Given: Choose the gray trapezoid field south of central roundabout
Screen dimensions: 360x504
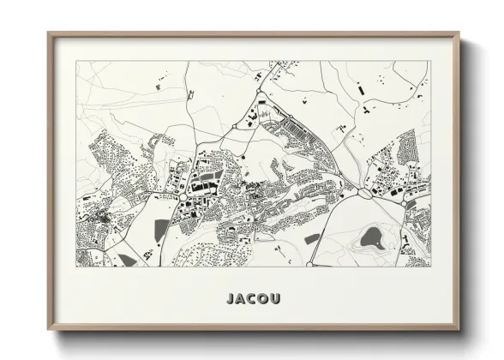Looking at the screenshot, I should pyautogui.click(x=162, y=229).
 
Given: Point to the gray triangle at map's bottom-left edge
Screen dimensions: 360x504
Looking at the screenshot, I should pyautogui.click(x=126, y=259).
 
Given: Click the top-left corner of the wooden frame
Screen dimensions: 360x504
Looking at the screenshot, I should pyautogui.click(x=49, y=33).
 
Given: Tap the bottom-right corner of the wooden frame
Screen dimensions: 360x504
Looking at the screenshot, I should pyautogui.click(x=459, y=331).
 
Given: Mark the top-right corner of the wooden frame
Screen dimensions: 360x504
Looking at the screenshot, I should pyautogui.click(x=459, y=33).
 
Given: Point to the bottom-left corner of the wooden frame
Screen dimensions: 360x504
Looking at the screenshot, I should pyautogui.click(x=49, y=331).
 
